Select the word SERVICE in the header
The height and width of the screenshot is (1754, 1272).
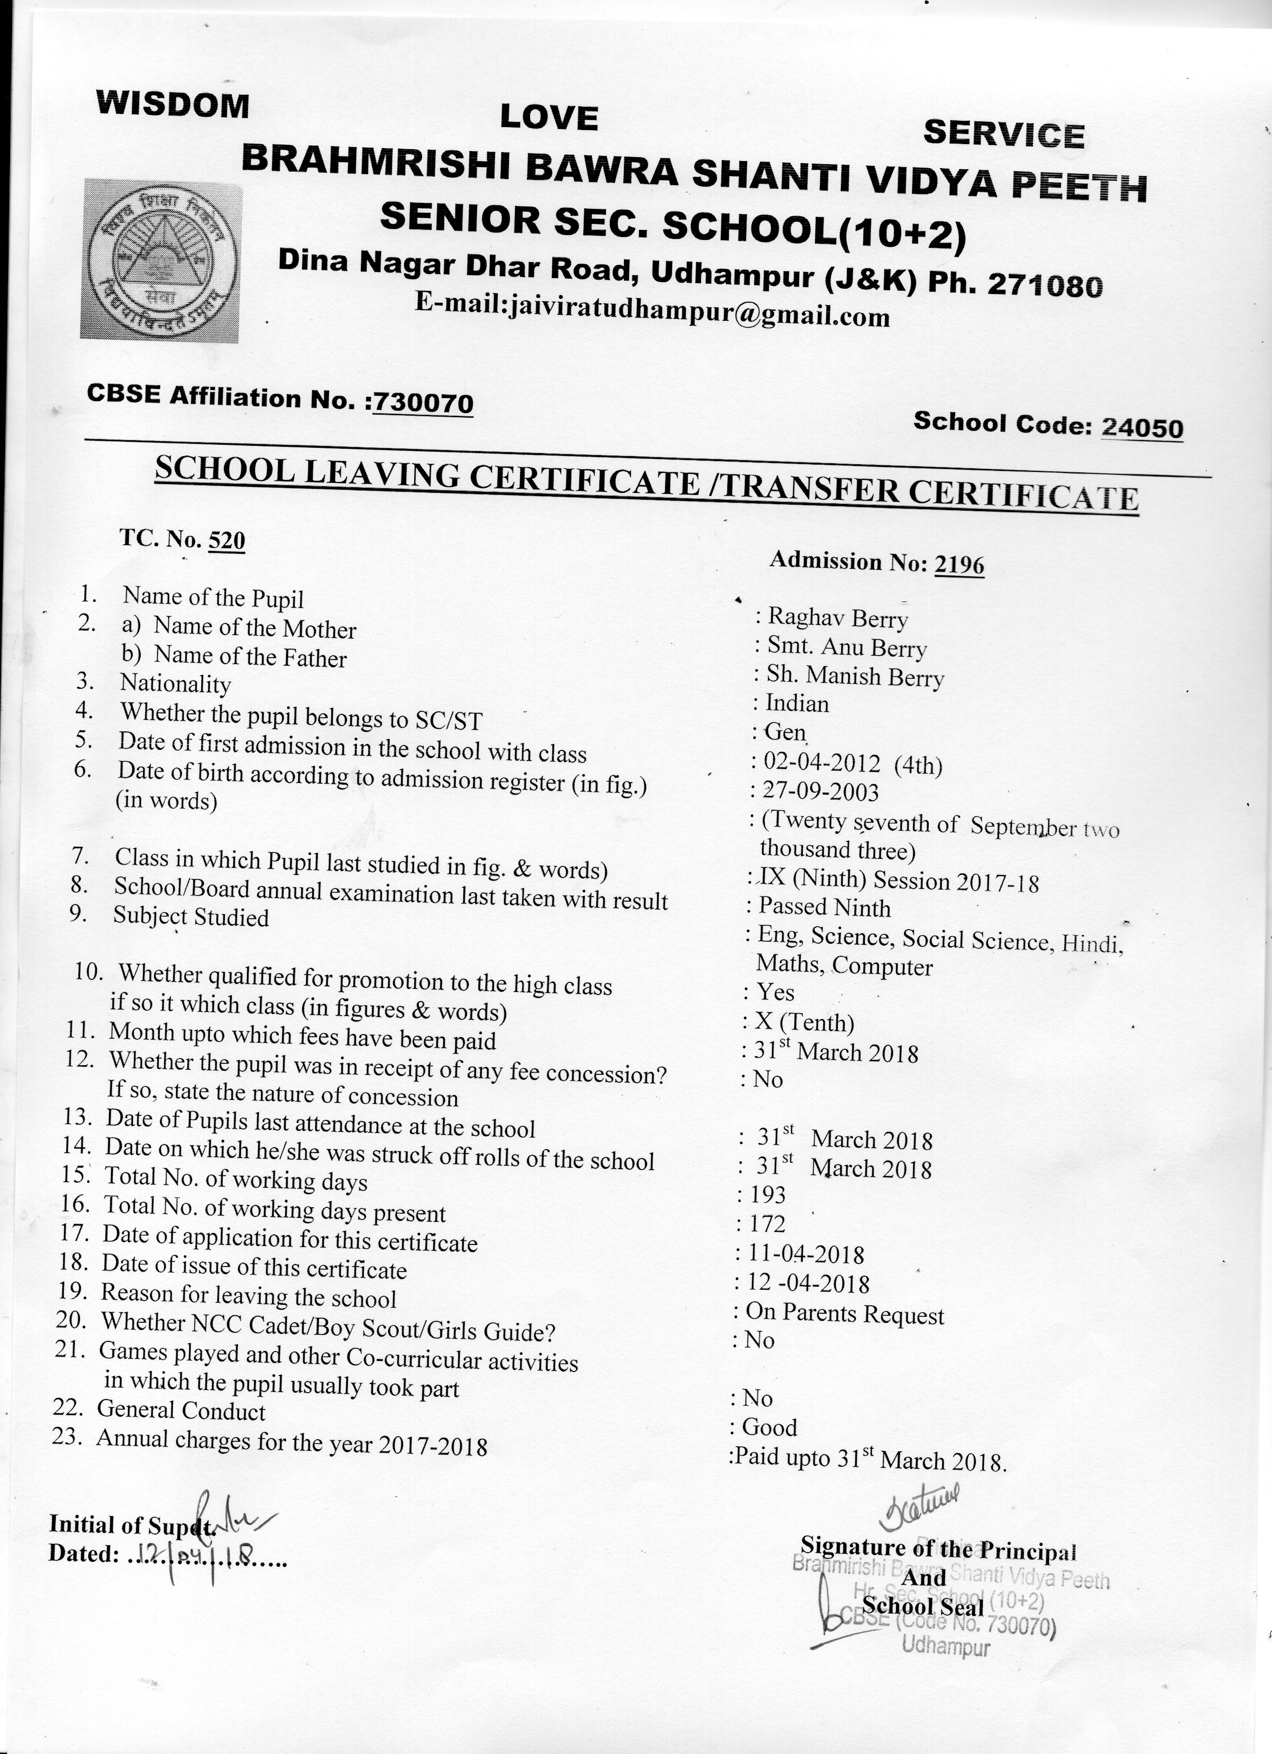[1003, 134]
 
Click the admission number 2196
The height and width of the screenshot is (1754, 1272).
[959, 565]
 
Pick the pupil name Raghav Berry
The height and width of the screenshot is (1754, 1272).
[837, 618]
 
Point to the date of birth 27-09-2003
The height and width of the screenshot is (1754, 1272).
[820, 791]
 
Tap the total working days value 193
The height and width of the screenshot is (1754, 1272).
[767, 1196]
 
